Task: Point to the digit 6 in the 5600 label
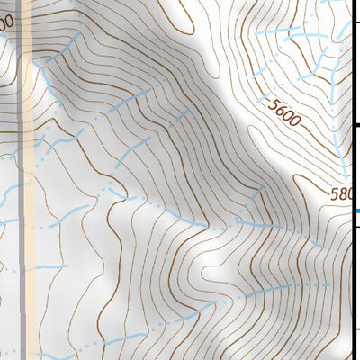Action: coord(282,111)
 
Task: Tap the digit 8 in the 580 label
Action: coord(346,193)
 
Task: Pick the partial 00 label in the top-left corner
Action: coord(7,22)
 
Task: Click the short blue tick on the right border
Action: coord(356,211)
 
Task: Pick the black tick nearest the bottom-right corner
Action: coord(355,328)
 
